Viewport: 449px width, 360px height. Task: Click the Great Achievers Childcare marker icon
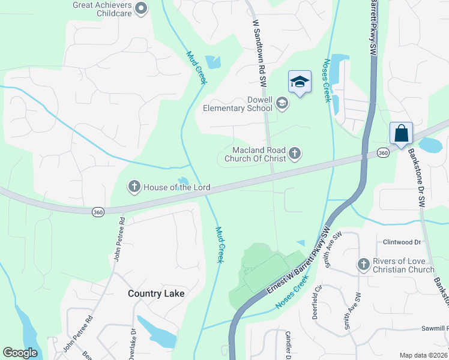pos(141,8)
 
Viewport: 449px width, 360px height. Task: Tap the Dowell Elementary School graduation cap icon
pos(282,104)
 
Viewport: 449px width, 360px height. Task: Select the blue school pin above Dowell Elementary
pos(300,82)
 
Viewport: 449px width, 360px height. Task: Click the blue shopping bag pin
pos(401,133)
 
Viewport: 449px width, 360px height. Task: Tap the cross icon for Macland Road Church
pos(294,154)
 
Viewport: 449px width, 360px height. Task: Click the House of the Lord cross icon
pos(134,187)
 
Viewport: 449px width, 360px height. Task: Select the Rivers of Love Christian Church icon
pos(363,265)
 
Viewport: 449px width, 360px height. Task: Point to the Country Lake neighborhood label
pos(156,293)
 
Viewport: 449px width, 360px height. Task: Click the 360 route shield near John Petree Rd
pos(98,212)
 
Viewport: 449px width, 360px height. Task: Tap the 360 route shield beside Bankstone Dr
pos(382,154)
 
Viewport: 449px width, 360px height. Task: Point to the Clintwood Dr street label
pos(402,242)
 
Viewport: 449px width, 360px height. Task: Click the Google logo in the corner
pos(20,353)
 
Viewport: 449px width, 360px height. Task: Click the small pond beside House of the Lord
pos(183,181)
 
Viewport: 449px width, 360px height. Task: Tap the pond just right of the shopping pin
pos(429,145)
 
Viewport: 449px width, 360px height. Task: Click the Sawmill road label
pos(433,329)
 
